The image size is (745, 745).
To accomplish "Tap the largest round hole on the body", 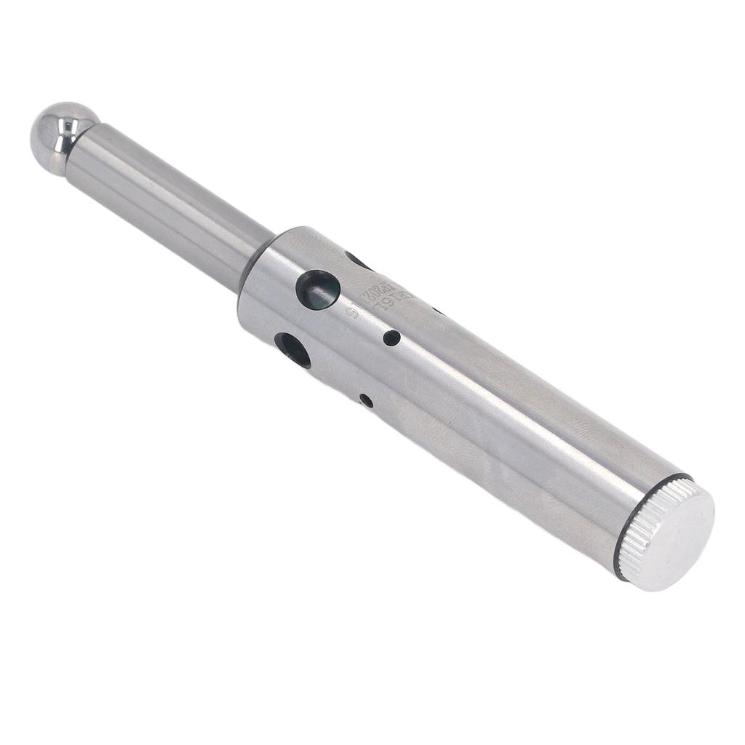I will (x=318, y=290).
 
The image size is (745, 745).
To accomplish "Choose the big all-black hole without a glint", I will (x=292, y=349).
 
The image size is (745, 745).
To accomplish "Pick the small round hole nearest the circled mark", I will (x=391, y=338).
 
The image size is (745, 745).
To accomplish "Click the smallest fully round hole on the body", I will (x=366, y=400).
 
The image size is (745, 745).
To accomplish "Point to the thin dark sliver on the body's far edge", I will (x=437, y=311).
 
